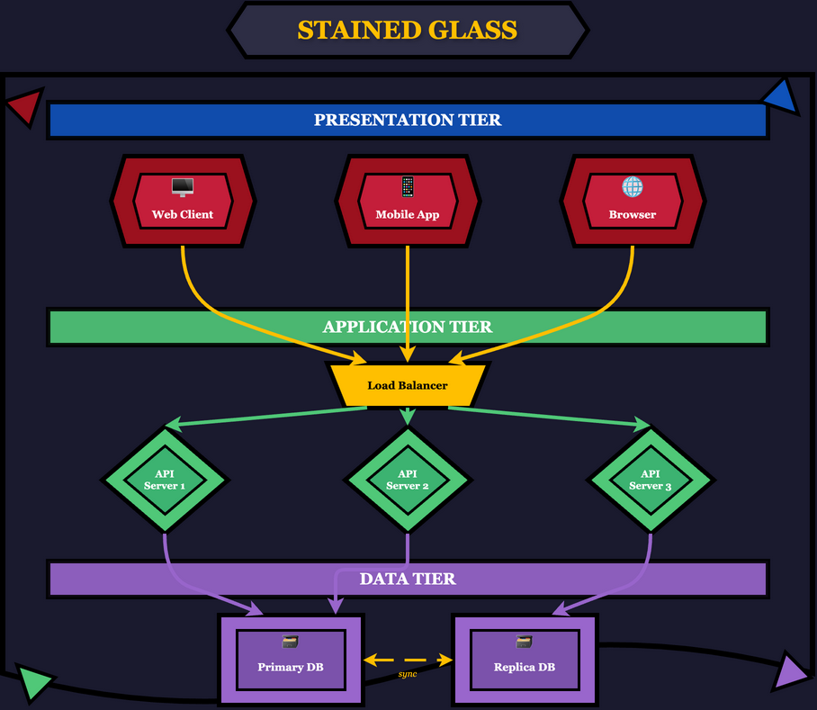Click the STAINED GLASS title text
pos(408,31)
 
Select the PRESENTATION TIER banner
pos(408,121)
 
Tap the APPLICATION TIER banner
pos(408,328)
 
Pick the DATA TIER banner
pos(408,579)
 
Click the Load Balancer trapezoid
pos(408,385)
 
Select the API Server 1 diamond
pos(165,480)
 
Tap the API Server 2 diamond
pos(408,480)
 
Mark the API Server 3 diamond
pos(651,480)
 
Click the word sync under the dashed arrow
pos(408,674)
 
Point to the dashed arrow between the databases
pos(408,661)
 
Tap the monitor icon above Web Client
pos(183,187)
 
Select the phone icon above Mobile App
pos(408,186)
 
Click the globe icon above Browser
pos(633,186)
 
